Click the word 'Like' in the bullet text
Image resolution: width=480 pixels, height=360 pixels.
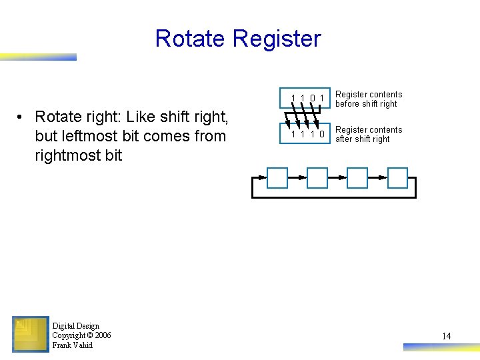141,117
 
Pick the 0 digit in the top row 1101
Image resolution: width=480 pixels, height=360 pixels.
313,99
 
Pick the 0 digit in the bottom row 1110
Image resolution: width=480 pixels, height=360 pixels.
322,134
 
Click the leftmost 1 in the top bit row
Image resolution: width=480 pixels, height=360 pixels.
293,99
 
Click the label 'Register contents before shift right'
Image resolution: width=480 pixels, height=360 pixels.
368,99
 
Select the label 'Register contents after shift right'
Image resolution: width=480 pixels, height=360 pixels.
368,134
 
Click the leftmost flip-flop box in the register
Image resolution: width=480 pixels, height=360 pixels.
277,178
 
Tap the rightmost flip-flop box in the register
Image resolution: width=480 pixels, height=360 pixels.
397,178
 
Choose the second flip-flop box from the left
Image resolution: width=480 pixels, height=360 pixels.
317,178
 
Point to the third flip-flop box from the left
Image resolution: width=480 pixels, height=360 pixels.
357,178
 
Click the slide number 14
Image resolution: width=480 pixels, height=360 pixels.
446,336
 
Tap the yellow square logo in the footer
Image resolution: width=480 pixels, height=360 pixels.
30,333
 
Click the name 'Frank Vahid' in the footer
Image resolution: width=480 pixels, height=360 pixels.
73,345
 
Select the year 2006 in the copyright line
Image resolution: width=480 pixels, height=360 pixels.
103,335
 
